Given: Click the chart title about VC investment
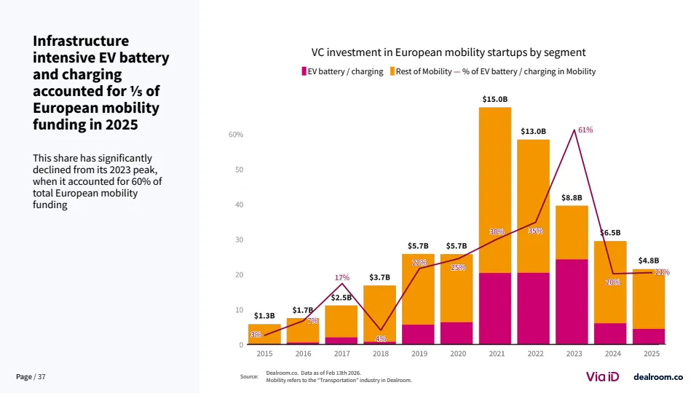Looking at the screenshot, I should [449, 52].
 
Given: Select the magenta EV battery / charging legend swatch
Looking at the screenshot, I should [304, 71].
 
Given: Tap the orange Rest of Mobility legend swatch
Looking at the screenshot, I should [392, 71].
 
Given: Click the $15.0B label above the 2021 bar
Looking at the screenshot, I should [495, 98].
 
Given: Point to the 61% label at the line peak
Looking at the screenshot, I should [585, 130].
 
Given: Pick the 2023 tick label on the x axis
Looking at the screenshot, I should [574, 354].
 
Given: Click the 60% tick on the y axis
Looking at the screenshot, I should [236, 135].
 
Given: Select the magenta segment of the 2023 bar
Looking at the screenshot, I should [572, 301].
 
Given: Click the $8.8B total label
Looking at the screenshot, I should [572, 197].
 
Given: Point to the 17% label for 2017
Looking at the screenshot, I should [342, 277].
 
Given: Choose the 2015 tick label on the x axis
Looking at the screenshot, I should [264, 354].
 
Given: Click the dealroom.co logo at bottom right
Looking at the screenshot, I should [657, 376].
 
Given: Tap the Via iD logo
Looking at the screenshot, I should [603, 376].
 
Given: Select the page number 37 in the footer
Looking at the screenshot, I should [42, 376].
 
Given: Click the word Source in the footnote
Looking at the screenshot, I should [249, 376].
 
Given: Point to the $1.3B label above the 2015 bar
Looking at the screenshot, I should [264, 316].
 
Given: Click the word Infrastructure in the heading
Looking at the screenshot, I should [81, 41].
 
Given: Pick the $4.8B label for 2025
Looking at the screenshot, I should [649, 261].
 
